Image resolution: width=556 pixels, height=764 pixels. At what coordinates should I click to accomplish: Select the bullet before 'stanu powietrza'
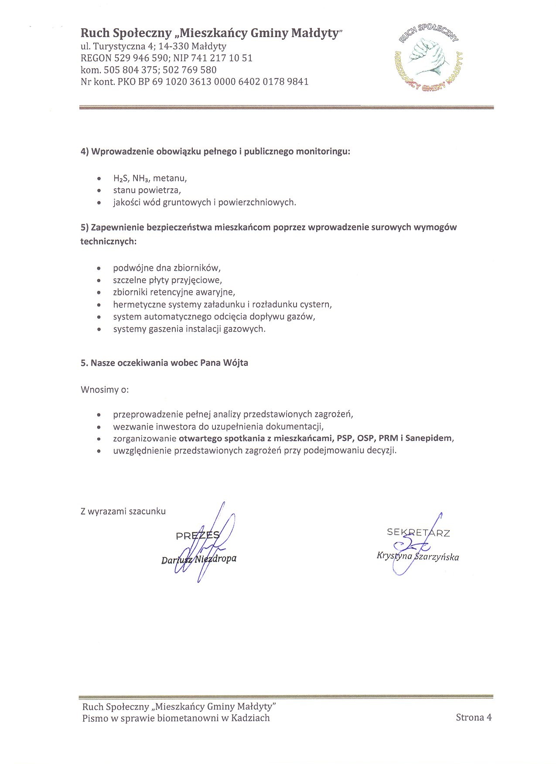tap(100, 191)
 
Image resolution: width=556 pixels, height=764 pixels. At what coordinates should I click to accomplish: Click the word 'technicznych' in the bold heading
tap(108, 241)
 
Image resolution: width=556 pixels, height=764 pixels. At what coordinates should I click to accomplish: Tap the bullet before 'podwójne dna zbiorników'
tap(100, 268)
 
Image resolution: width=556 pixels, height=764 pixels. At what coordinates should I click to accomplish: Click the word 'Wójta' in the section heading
tap(235, 363)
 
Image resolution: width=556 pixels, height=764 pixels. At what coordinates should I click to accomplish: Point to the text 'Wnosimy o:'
tap(105, 389)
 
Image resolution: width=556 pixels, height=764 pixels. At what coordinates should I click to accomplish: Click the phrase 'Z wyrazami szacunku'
tap(123, 512)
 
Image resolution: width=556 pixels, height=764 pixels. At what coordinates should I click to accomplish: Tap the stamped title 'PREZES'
tap(198, 535)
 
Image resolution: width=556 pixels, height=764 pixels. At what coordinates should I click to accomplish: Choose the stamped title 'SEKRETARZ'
tap(418, 532)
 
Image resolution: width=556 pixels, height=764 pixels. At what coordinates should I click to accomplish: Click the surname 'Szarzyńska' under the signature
tap(437, 557)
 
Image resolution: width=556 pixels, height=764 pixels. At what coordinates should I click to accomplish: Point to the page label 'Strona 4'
tap(474, 718)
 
